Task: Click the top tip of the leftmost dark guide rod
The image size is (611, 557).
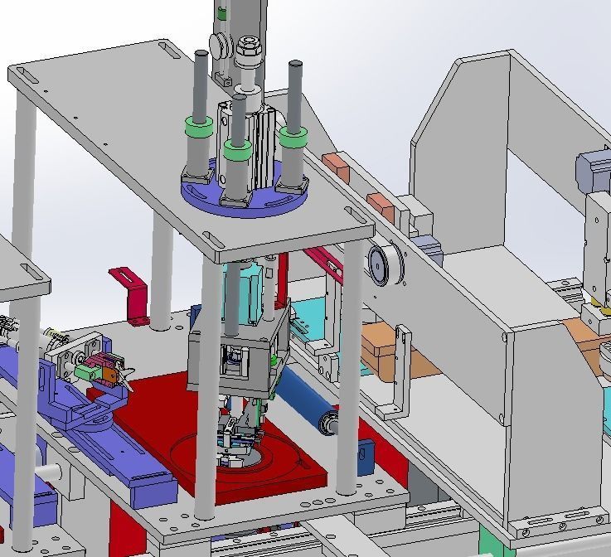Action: click(201, 54)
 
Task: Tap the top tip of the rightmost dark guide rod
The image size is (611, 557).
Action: click(293, 64)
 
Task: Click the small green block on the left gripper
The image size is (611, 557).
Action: click(84, 374)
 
